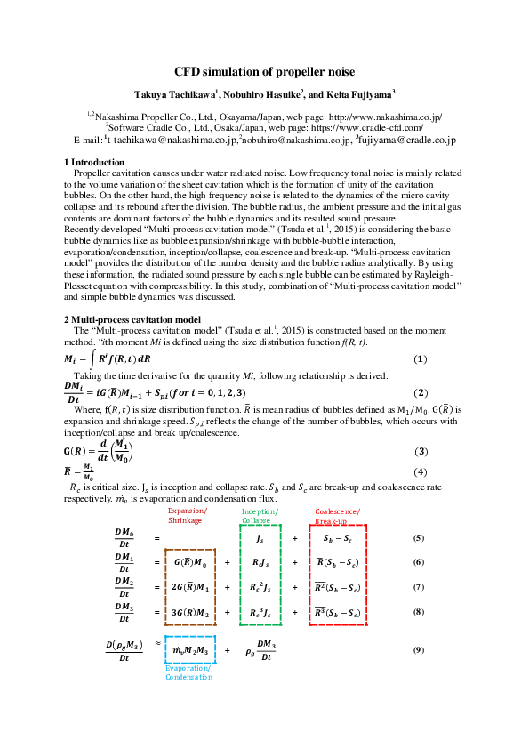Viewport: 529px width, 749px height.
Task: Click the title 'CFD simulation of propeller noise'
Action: tap(264, 70)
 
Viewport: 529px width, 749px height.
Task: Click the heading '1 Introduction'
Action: tap(94, 162)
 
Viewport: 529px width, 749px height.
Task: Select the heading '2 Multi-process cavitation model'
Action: tap(133, 318)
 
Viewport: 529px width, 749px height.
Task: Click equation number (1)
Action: tap(421, 358)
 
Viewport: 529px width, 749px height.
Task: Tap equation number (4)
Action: tap(421, 471)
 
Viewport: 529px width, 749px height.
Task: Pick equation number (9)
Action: tap(418, 650)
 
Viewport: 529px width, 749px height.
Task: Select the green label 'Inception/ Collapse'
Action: tap(260, 516)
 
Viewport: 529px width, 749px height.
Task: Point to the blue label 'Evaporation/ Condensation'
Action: tap(188, 672)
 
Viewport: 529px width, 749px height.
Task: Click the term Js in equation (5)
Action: tap(260, 539)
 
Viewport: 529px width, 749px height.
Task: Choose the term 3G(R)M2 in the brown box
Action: tap(190, 612)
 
